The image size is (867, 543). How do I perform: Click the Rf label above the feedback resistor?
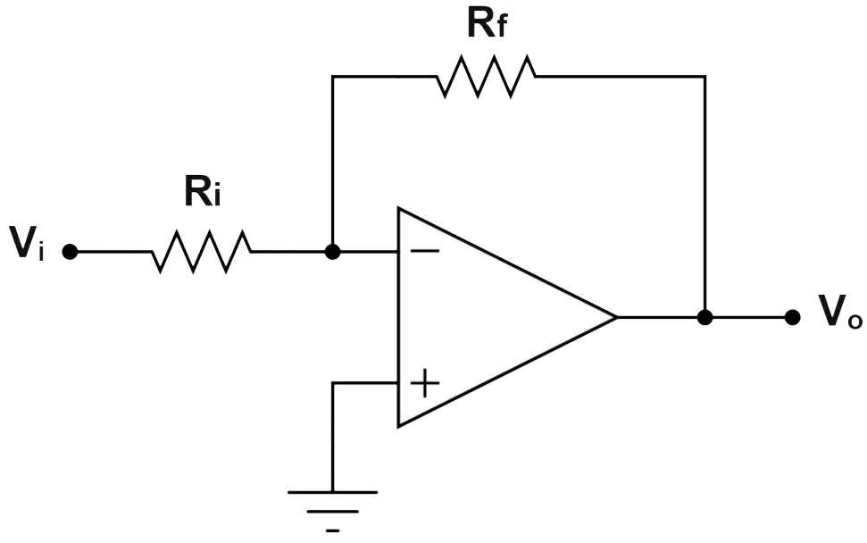(487, 23)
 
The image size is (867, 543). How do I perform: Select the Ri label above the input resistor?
(203, 192)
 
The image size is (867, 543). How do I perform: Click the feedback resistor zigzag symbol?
(487, 76)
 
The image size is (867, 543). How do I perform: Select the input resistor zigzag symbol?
(201, 252)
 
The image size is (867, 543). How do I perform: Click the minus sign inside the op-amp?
(425, 252)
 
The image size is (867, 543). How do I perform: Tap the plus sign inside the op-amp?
(425, 382)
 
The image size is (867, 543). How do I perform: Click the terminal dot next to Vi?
(70, 252)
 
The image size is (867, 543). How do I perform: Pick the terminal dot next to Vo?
(792, 317)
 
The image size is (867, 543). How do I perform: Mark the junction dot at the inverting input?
(332, 252)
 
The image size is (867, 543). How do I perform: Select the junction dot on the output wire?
(704, 317)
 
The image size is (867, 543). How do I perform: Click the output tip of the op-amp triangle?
(616, 317)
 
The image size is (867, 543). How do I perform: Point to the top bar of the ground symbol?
(332, 492)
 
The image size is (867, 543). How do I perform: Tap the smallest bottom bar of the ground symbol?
(332, 530)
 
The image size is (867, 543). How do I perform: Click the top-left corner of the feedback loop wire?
(332, 76)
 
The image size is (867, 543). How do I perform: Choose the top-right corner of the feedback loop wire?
(704, 76)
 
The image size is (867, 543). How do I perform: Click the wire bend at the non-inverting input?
(332, 382)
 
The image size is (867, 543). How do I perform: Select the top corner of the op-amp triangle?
(398, 209)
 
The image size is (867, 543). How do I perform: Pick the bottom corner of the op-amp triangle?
(398, 426)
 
